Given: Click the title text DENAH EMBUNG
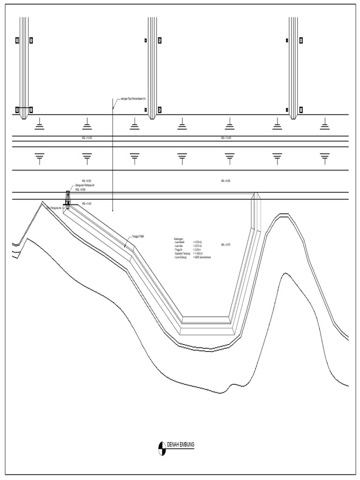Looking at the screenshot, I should tap(181, 444).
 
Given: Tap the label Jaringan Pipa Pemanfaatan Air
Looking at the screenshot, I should tap(134, 99).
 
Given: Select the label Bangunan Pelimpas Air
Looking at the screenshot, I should tap(85, 186).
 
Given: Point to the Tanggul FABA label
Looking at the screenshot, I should tap(138, 237).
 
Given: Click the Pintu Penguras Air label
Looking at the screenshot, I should tap(53, 207).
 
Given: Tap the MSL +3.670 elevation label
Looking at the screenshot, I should tap(225, 245).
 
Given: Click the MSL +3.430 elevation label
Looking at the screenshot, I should tap(87, 203).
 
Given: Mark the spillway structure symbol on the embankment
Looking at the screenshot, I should tap(67, 199).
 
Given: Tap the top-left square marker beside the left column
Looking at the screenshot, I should tap(17, 40).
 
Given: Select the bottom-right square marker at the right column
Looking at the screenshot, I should tap(300, 110).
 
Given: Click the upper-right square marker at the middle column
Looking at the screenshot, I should tap(160, 40).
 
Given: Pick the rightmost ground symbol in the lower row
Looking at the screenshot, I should tap(324, 158).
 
